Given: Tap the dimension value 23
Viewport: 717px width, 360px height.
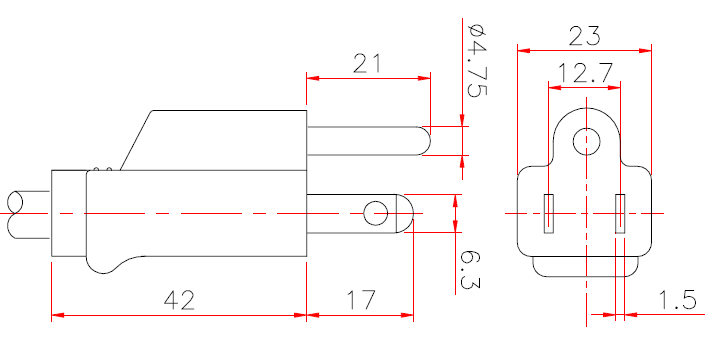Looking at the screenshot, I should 584,36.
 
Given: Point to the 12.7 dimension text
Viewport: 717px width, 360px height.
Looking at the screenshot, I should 584,73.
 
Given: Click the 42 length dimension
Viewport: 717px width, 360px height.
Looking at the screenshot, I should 180,300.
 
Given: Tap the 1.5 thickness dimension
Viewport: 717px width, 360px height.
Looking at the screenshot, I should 679,300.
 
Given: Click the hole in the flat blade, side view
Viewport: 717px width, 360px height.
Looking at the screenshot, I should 376,212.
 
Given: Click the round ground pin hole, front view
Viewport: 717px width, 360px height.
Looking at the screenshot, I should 585,141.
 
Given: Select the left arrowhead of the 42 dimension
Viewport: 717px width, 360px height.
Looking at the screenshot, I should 56,315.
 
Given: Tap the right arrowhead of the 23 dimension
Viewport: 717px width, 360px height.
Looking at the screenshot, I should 646,49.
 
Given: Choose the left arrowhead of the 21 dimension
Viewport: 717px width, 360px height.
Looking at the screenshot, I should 311,77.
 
